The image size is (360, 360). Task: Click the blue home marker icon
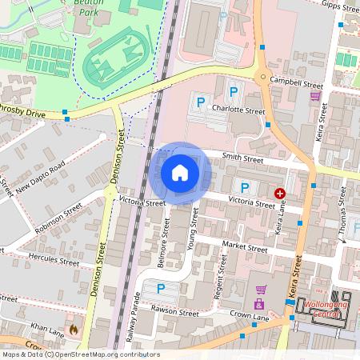point(180,173)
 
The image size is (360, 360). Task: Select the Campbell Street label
point(297,83)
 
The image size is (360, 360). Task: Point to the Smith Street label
point(242,160)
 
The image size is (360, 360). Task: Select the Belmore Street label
point(166,237)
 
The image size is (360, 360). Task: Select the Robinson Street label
point(58,218)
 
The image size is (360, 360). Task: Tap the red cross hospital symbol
point(281,194)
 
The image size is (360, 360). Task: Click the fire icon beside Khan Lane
point(74,329)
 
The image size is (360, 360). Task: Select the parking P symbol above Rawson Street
point(161,289)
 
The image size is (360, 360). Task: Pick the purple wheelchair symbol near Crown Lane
point(258,305)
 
